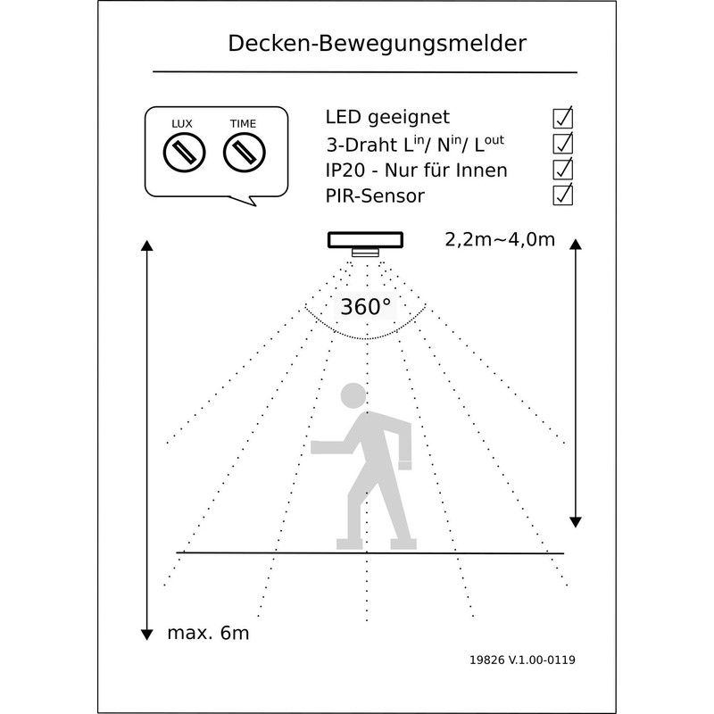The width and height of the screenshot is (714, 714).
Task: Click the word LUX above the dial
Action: coord(181,123)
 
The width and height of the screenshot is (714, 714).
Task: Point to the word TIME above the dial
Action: coord(242,123)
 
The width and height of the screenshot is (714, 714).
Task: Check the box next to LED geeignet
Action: coord(563,117)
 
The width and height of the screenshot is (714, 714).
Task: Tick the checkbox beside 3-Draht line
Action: coord(563,143)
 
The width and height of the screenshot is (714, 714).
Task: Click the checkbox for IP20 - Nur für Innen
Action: coord(563,169)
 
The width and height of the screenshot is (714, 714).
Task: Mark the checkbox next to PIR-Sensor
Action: coord(563,194)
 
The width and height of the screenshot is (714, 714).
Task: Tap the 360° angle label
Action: coord(365,307)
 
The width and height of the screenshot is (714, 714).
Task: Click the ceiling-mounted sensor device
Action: coord(364,242)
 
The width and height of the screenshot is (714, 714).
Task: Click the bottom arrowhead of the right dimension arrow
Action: coord(577,520)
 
